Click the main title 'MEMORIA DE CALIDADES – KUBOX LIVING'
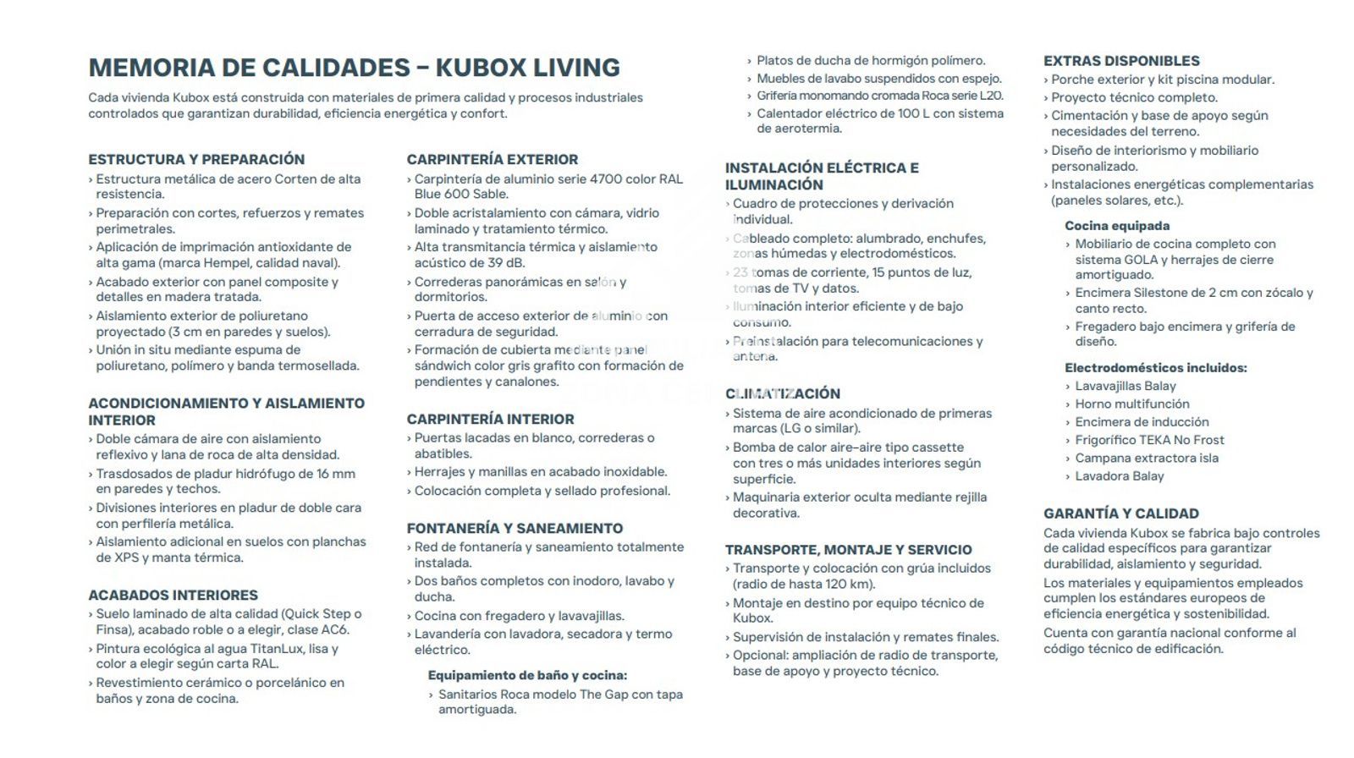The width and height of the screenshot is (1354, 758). pos(354,68)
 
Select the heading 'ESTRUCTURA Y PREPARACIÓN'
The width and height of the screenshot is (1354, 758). pos(196,159)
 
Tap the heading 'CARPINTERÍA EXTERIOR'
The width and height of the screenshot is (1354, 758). pos(492,159)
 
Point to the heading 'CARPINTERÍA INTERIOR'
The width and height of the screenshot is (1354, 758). pos(490,419)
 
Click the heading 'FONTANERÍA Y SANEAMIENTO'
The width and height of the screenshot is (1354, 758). pos(515,528)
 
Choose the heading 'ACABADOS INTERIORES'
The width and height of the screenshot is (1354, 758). pos(173,595)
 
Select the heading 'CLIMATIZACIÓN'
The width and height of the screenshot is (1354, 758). pos(782,393)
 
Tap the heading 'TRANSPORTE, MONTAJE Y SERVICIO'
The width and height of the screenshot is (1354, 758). pos(848,549)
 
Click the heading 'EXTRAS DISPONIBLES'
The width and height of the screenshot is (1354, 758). pos(1121,61)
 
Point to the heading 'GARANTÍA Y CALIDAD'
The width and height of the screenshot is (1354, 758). pos(1120,514)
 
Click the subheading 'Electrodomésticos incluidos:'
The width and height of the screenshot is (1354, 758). pos(1155,368)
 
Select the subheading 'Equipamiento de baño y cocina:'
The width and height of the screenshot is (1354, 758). pos(527,675)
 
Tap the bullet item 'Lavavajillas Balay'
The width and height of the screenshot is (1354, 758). pos(1126,386)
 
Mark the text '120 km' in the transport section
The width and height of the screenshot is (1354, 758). pos(849,584)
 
